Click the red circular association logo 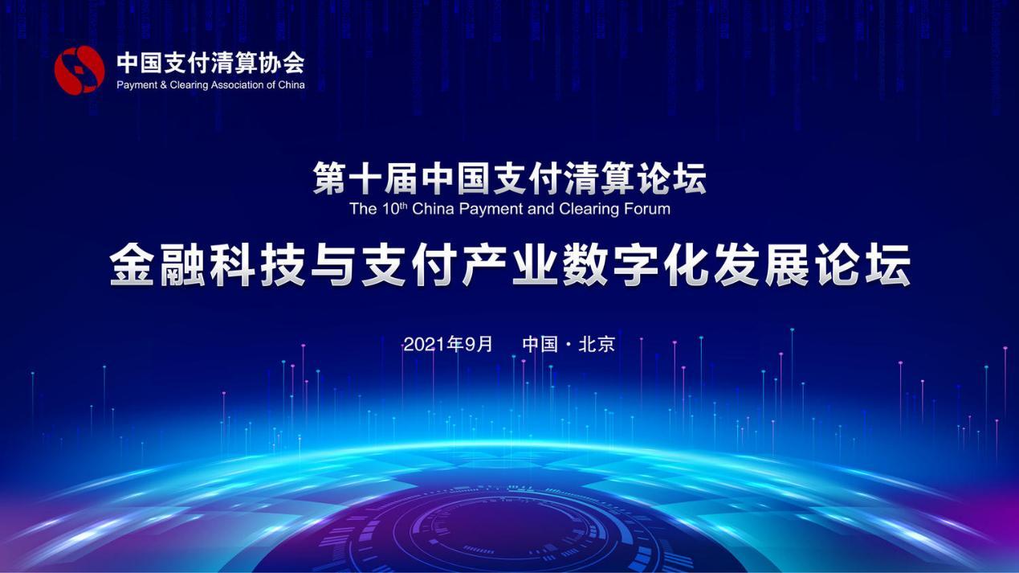point(79,71)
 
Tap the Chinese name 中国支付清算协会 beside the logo point(210,63)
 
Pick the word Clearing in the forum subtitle point(587,210)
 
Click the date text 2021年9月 point(448,345)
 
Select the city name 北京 point(597,345)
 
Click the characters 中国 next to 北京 point(540,345)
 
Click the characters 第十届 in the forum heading point(366,178)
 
